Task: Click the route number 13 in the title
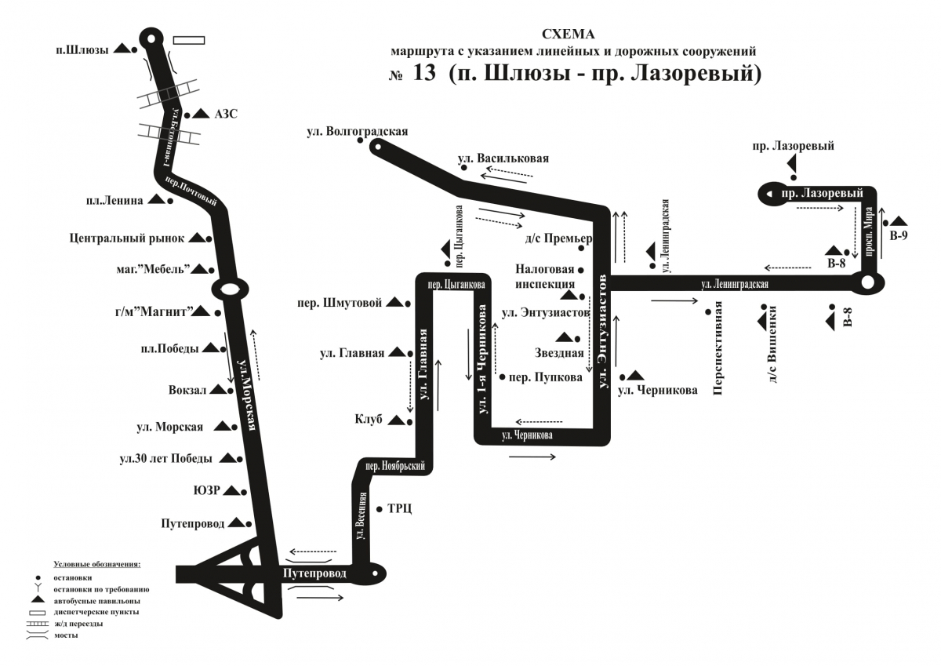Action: click(423, 75)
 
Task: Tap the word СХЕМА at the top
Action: click(569, 35)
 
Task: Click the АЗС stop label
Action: click(225, 114)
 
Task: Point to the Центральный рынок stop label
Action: click(126, 237)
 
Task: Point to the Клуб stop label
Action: click(368, 420)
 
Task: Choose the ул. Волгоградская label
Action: click(358, 131)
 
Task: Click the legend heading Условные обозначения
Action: click(96, 564)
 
